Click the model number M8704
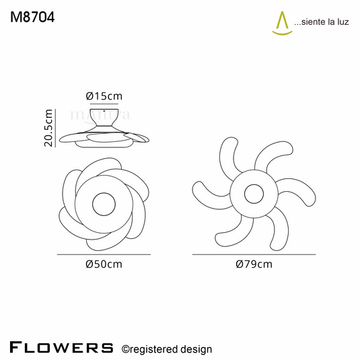click(32, 17)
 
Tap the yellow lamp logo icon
click(282, 24)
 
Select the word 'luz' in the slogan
click(343, 22)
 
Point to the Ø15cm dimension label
click(104, 96)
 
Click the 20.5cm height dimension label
click(48, 128)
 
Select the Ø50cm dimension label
click(104, 264)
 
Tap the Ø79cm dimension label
click(254, 264)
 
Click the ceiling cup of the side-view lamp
click(104, 118)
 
